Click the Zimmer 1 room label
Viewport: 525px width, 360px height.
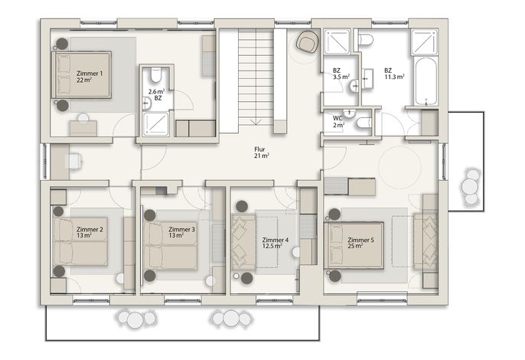pyautogui.click(x=90, y=77)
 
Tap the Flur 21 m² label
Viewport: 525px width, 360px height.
pyautogui.click(x=262, y=152)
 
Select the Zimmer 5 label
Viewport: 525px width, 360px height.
pyautogui.click(x=360, y=243)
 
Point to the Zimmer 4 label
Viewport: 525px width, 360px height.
pyautogui.click(x=276, y=243)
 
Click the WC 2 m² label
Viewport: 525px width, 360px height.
pyautogui.click(x=338, y=122)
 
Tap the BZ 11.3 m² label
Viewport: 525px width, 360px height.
pyautogui.click(x=394, y=74)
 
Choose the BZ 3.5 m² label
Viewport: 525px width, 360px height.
pyautogui.click(x=341, y=74)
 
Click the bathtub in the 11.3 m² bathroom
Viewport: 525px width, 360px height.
pyautogui.click(x=426, y=81)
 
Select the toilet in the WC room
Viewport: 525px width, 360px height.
pyautogui.click(x=364, y=123)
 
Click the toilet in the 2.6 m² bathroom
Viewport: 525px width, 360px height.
pyautogui.click(x=155, y=75)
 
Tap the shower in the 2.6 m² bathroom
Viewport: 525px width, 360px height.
pyautogui.click(x=155, y=124)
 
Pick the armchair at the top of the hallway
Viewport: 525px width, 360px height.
pyautogui.click(x=307, y=42)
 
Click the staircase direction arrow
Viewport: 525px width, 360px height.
pyautogui.click(x=256, y=121)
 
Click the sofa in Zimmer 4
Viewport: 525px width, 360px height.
pyautogui.click(x=243, y=242)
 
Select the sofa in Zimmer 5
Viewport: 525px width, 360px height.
pyautogui.click(x=426, y=242)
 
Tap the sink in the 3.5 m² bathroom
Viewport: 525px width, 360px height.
pyautogui.click(x=354, y=86)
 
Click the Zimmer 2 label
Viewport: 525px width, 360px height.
pyautogui.click(x=90, y=232)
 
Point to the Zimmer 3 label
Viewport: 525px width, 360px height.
pyautogui.click(x=181, y=232)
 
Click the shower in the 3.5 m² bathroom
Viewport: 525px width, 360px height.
pyautogui.click(x=337, y=41)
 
